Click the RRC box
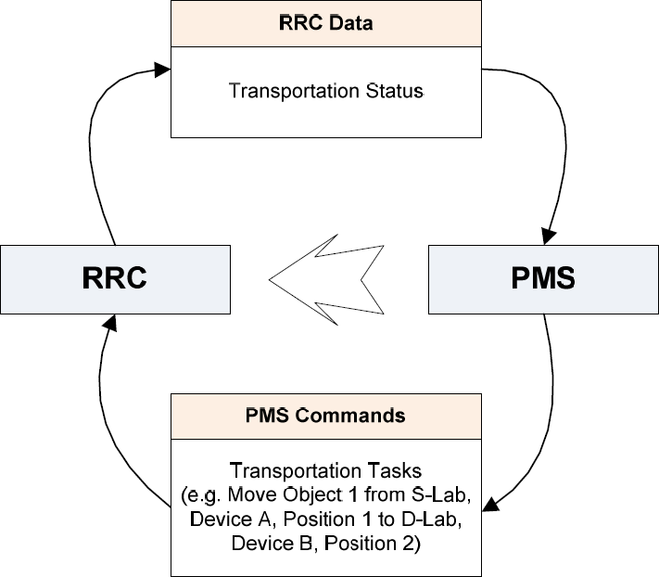(x=115, y=277)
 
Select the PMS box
(x=542, y=277)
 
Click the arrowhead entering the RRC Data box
(x=162, y=70)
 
